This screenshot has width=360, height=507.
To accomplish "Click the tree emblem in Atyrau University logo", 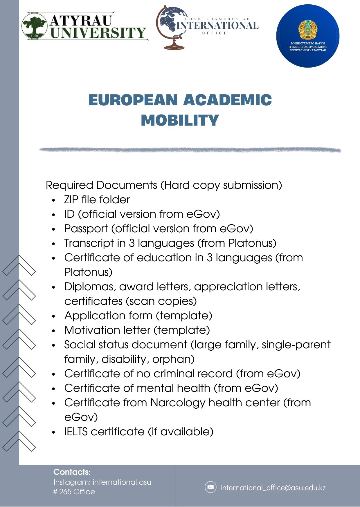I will [x=35, y=26].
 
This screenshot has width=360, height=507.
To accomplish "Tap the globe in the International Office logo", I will [x=170, y=22].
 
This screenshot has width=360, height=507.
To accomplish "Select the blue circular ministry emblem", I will [x=308, y=36].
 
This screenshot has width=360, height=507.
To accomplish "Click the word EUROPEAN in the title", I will [x=133, y=100].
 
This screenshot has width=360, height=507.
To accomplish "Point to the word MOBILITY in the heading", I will [x=180, y=120].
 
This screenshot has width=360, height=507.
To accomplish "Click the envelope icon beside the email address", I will [x=210, y=487].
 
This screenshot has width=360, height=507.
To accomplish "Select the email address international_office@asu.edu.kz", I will [x=273, y=488].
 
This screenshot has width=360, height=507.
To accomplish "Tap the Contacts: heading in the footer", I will [x=72, y=472].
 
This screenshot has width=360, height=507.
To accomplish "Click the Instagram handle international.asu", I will [x=122, y=482].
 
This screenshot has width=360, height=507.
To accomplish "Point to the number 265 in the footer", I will [x=65, y=492].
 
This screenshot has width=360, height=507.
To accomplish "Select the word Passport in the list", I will [x=86, y=229].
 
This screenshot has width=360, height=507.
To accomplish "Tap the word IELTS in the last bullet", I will [x=76, y=432].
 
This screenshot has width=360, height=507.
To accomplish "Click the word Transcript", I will [x=89, y=243].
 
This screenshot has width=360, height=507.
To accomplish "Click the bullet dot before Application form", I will [x=53, y=316].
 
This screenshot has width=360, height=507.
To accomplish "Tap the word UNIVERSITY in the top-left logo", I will [x=98, y=33].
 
